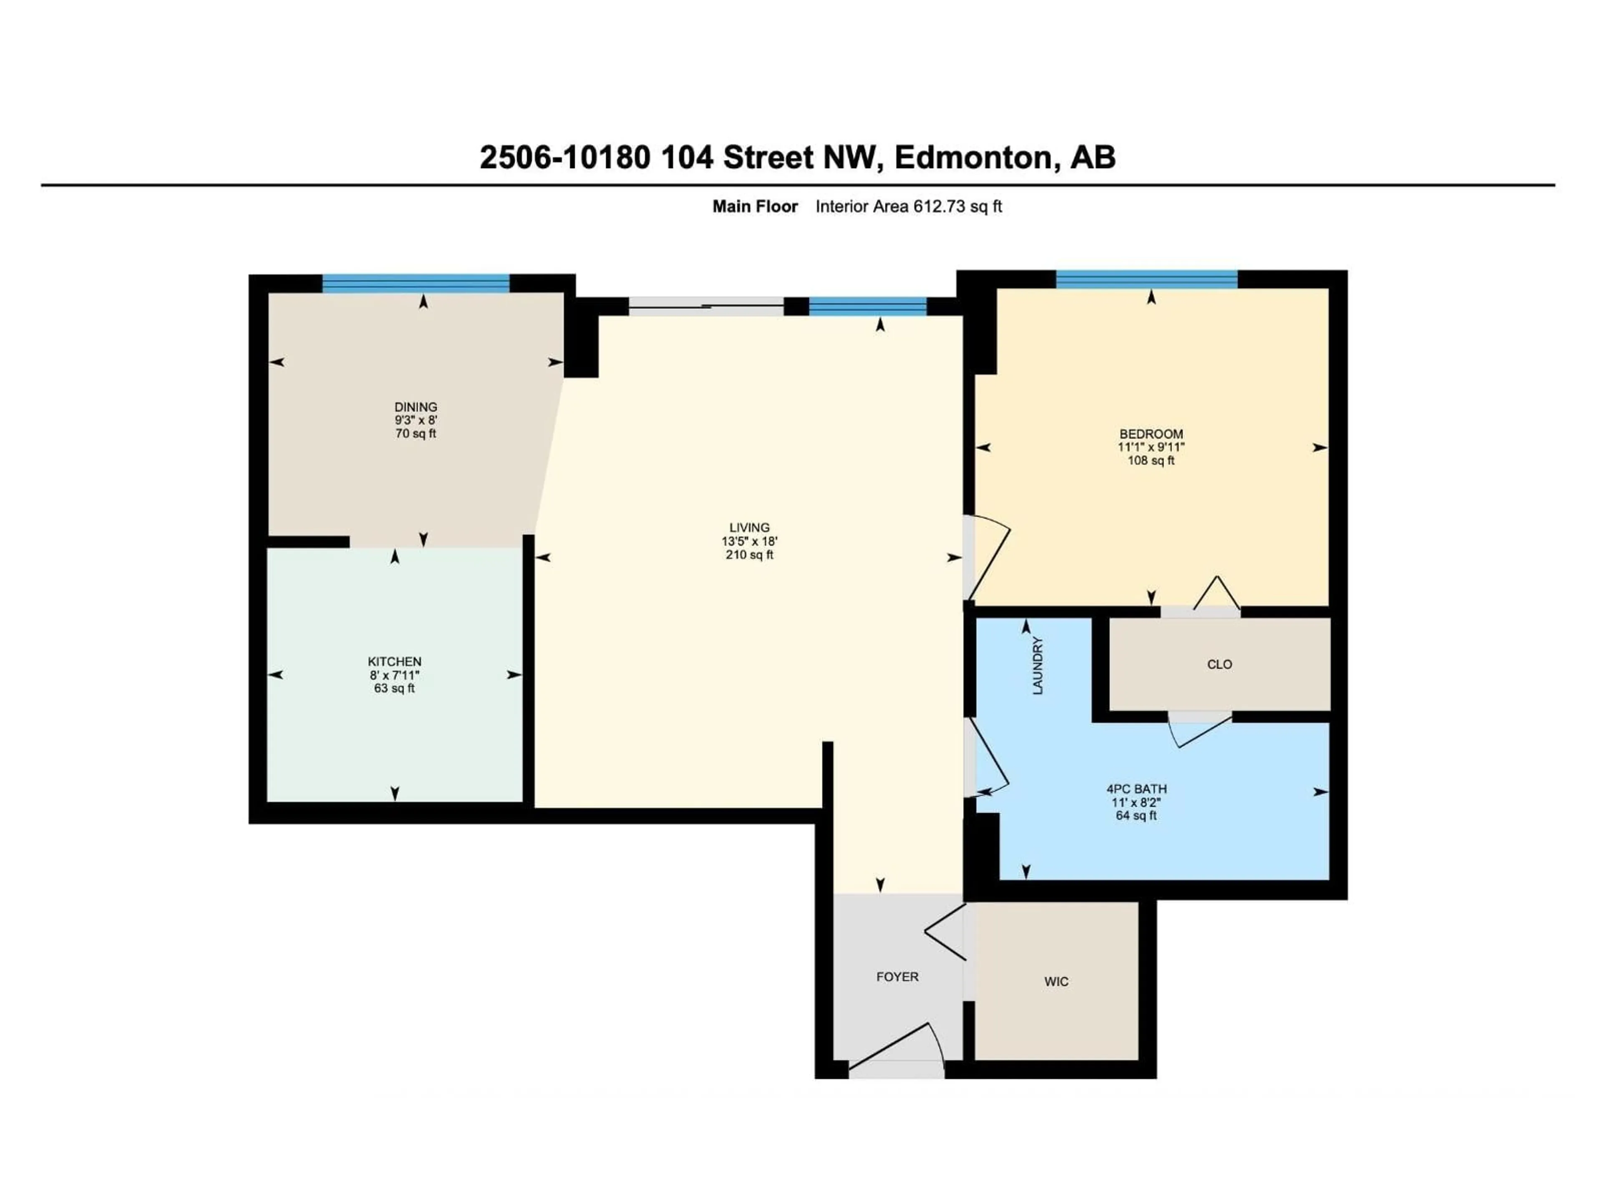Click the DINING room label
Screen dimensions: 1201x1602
click(416, 407)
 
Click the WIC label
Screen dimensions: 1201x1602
click(1056, 982)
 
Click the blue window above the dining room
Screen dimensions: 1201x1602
click(416, 283)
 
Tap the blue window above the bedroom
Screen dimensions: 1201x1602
click(1146, 279)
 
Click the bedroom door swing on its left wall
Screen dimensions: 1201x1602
click(989, 558)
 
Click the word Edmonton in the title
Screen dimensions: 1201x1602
click(973, 157)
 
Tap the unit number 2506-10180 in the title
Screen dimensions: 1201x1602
click(565, 157)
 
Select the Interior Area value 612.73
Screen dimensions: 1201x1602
click(940, 206)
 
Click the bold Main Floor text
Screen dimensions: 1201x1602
click(755, 206)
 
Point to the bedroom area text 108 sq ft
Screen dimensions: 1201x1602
click(1151, 460)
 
